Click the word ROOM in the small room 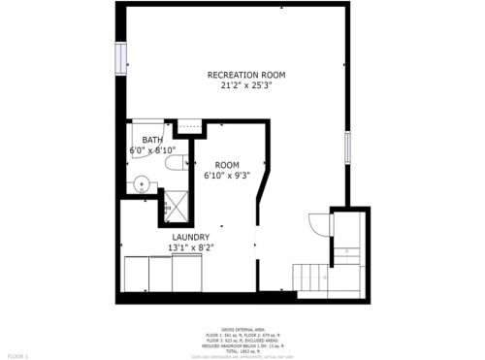click(x=227, y=165)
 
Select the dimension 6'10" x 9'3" click(x=227, y=177)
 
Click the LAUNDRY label click(x=191, y=237)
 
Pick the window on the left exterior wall click(x=122, y=58)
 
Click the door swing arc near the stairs click(x=316, y=222)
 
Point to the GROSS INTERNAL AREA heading click(x=242, y=330)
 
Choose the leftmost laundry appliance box click(x=136, y=274)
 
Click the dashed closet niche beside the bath click(x=189, y=126)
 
